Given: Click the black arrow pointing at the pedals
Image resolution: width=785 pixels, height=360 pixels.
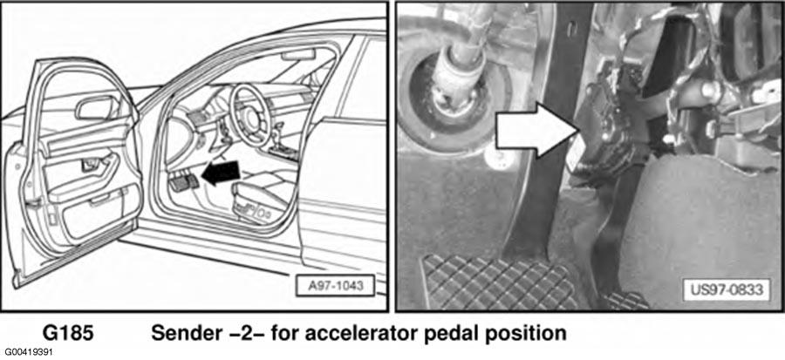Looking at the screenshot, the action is pyautogui.click(x=221, y=173).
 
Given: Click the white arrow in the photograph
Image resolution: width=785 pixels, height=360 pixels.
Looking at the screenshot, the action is pyautogui.click(x=536, y=130).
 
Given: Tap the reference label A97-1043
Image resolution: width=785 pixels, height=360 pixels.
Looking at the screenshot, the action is pyautogui.click(x=335, y=287).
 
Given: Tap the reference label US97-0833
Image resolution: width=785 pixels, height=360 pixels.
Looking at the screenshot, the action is pyautogui.click(x=727, y=289).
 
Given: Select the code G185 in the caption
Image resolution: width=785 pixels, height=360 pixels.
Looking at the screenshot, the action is pyautogui.click(x=68, y=334).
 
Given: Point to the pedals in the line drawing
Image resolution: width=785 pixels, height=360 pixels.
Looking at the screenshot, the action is pyautogui.click(x=184, y=182).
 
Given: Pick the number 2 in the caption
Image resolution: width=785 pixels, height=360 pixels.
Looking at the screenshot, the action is pyautogui.click(x=241, y=334).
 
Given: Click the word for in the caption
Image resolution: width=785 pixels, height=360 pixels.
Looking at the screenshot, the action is pyautogui.click(x=285, y=334).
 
